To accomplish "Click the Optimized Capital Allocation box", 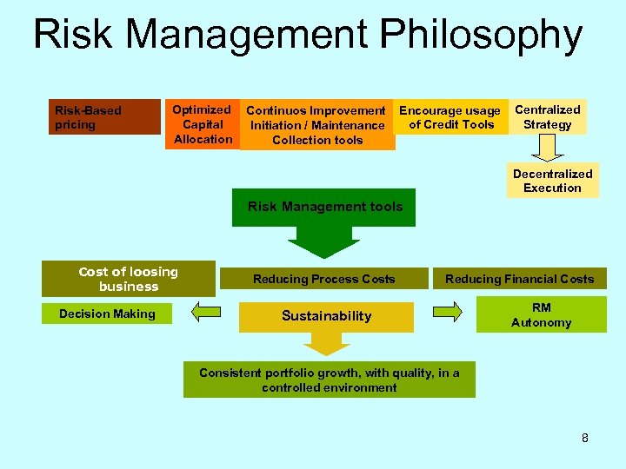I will tap(202, 124).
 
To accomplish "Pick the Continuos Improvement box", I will tap(316, 125).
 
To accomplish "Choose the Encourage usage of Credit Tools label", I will tap(450, 117).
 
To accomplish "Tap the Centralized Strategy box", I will tap(548, 116).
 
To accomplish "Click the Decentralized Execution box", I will tap(553, 181).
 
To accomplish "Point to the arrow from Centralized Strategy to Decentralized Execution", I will tap(547, 149).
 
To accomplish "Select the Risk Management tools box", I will tap(325, 207).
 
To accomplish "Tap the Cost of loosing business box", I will tap(128, 279).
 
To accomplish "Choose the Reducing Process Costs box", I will tap(323, 279).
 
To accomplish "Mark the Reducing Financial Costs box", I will tap(519, 279).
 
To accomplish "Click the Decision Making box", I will tap(107, 314).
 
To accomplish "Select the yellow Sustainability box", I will tap(326, 316).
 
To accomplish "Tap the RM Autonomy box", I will tap(541, 315).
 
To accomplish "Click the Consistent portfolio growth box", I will tap(329, 380).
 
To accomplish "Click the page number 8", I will tap(585, 438).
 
